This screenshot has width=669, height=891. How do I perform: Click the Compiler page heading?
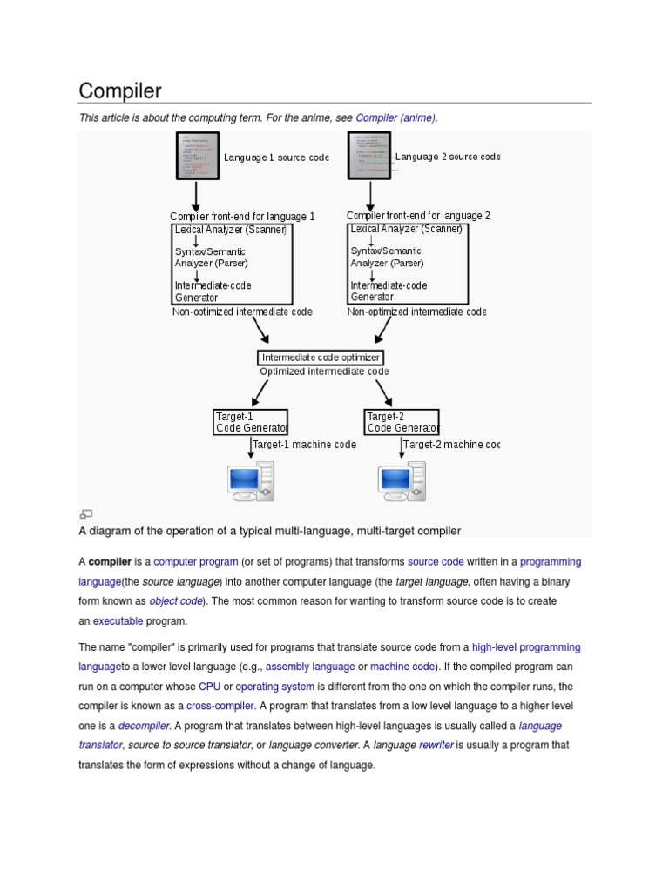click(120, 90)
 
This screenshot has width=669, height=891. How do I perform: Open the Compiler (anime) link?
click(395, 117)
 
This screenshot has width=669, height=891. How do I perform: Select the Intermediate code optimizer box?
click(321, 358)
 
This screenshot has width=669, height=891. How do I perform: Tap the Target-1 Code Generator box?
click(251, 422)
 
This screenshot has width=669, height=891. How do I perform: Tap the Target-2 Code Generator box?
click(402, 422)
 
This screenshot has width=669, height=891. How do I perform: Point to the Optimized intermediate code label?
click(324, 372)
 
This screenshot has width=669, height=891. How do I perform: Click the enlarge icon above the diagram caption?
click(86, 514)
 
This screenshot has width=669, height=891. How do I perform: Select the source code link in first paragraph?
click(435, 562)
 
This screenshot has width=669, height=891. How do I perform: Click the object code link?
click(176, 601)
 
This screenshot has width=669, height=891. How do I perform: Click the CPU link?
click(209, 687)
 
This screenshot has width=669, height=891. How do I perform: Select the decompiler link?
click(144, 726)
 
